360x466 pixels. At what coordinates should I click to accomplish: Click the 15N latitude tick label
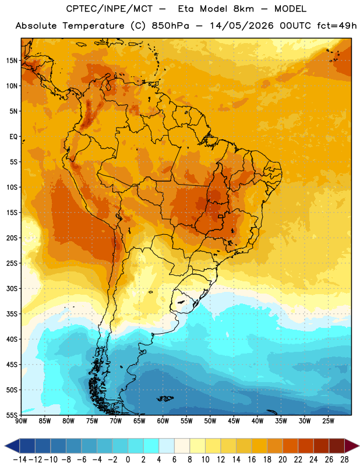click(x=12, y=61)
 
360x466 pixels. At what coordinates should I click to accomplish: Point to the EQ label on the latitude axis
click(x=13, y=137)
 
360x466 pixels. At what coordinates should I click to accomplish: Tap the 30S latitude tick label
click(x=12, y=288)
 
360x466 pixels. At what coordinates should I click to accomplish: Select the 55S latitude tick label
click(x=12, y=415)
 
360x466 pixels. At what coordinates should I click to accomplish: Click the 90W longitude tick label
click(x=21, y=421)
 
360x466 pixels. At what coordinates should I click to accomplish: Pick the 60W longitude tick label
click(x=163, y=421)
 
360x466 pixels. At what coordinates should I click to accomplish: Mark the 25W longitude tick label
click(x=328, y=421)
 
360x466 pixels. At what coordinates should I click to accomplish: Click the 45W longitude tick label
click(x=234, y=421)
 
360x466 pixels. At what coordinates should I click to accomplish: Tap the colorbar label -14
click(x=20, y=460)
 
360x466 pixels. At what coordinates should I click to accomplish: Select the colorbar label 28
click(x=344, y=460)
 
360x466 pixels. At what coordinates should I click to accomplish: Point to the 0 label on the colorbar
click(x=128, y=460)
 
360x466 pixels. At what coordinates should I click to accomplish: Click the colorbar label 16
click(x=252, y=460)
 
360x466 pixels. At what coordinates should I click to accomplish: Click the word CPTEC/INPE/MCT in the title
click(x=110, y=9)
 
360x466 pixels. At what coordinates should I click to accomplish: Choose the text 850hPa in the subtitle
click(x=170, y=26)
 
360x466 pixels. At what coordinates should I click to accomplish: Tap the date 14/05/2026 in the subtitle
click(x=241, y=26)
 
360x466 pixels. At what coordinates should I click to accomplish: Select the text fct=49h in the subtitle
click(x=337, y=26)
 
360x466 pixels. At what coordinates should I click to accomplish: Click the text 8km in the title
click(x=243, y=9)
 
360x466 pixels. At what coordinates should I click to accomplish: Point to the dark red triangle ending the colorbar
click(x=352, y=446)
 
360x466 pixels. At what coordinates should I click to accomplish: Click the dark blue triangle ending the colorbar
click(x=12, y=446)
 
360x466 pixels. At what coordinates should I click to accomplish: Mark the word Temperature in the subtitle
click(x=93, y=26)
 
